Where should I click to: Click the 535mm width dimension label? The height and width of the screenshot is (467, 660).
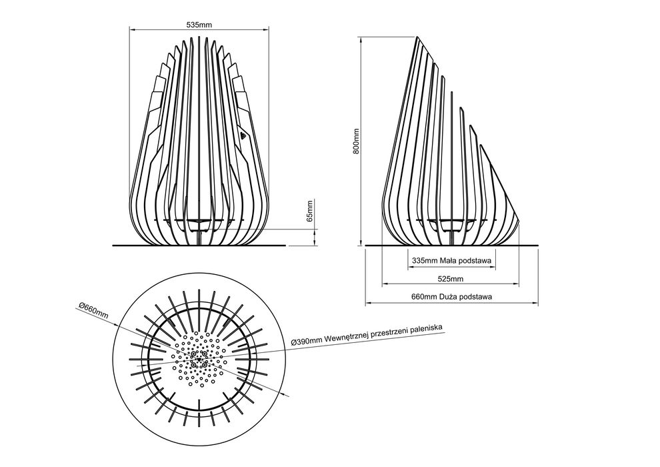point(199,25)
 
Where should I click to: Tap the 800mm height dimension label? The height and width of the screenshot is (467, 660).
point(357,141)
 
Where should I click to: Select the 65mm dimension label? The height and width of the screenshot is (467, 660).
point(310,211)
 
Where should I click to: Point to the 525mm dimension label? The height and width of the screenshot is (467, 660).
point(451,279)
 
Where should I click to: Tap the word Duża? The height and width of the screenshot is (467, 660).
point(449,296)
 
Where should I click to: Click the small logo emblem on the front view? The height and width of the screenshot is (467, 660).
point(243,135)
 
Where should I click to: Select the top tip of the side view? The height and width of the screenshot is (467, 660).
point(417,37)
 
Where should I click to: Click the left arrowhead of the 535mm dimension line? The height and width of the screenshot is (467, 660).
point(131,29)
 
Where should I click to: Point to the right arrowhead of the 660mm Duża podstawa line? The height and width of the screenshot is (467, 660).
point(536,303)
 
